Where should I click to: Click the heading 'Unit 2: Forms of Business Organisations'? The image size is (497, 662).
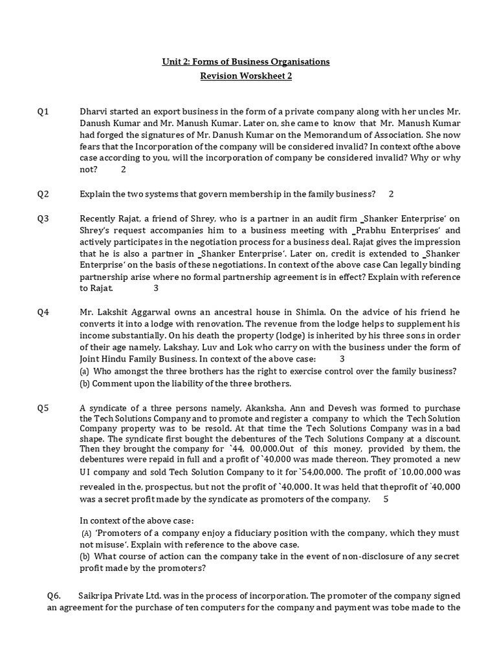pos(245,61)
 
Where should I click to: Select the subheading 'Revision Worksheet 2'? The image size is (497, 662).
pos(245,77)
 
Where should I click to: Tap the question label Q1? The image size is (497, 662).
pos(43,112)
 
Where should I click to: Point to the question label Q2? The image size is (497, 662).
pos(43,194)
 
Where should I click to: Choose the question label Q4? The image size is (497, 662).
pos(43,312)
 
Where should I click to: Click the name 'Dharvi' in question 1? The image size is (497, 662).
pos(93,112)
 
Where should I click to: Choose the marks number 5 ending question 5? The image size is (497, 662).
pos(386,498)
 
